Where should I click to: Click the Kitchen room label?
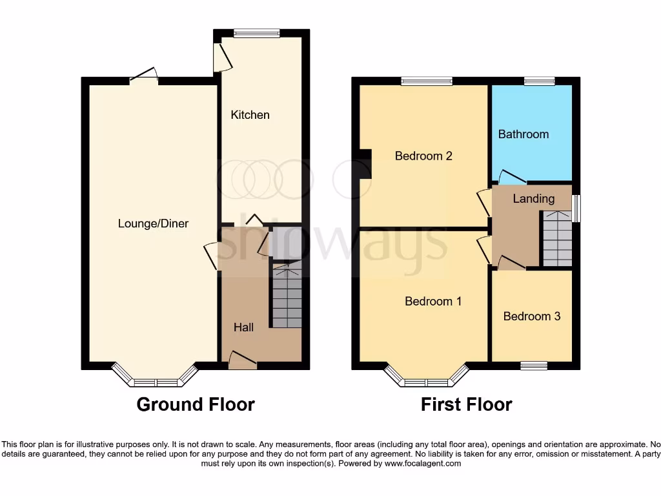[250, 115]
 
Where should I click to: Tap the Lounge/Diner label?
[153, 223]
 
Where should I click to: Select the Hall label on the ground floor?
[243, 327]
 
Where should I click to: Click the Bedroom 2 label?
[423, 156]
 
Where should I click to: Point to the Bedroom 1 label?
[433, 301]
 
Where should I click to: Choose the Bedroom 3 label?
[532, 316]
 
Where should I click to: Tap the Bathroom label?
[524, 134]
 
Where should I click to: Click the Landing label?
[533, 198]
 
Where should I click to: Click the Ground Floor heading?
[196, 404]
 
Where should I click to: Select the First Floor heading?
[466, 404]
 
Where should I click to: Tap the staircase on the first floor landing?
[556, 239]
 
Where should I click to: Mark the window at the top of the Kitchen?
[256, 33]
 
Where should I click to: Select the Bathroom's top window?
[539, 81]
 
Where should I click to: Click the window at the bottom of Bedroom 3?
[534, 366]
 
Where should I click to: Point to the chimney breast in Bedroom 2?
[365, 163]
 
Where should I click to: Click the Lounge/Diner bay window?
[155, 380]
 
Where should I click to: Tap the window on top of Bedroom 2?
[426, 81]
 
